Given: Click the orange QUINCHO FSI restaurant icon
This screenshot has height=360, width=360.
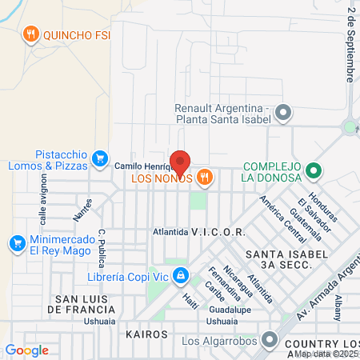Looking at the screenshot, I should (x=30, y=34).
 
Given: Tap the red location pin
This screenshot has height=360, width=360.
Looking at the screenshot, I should (x=180, y=162).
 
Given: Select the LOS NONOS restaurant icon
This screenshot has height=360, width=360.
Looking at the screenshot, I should (x=205, y=178).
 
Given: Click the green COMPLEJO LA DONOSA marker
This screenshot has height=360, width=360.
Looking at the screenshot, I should (x=315, y=170).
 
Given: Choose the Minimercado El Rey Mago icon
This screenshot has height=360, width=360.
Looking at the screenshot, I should (x=16, y=242).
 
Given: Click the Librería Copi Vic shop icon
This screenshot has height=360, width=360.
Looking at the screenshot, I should (x=182, y=277).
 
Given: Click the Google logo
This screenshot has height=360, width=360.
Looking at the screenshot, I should (x=26, y=350).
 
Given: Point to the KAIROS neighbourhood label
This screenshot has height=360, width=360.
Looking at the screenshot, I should (x=146, y=333).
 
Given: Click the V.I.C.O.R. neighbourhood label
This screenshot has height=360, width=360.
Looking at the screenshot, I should (x=218, y=231).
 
